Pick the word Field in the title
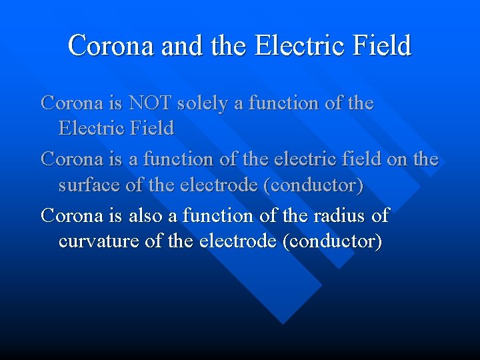pos(382,46)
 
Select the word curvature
pos(99,241)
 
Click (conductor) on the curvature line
pos(332,241)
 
